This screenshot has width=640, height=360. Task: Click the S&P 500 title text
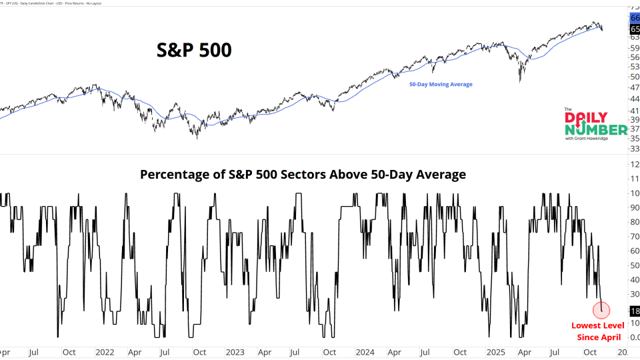click(194, 49)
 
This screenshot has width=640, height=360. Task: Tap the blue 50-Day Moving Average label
click(441, 84)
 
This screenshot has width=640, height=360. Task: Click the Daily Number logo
click(595, 123)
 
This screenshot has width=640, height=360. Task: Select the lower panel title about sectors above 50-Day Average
click(303, 175)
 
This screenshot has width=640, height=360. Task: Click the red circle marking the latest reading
click(601, 309)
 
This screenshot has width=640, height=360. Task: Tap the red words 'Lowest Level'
click(598, 325)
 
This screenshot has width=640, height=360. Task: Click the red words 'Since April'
click(598, 338)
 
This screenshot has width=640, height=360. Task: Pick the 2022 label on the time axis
click(105, 351)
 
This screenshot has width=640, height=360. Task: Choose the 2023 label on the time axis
click(235, 351)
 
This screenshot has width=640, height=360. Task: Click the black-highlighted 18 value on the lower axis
click(634, 311)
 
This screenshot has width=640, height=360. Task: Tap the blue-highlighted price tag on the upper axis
click(634, 18)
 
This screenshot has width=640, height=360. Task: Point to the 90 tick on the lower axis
click(634, 207)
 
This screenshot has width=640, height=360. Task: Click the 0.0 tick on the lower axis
click(634, 337)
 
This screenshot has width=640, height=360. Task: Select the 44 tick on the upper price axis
click(634, 98)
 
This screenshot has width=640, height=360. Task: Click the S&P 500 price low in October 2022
click(197, 137)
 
